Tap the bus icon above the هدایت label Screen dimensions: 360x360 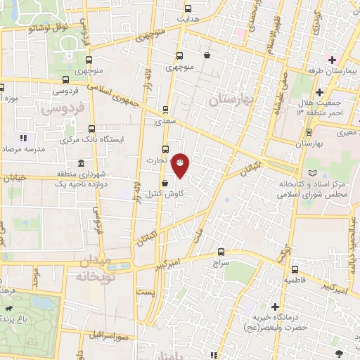(x=187, y=10)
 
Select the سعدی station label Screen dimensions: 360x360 (x=165, y=121)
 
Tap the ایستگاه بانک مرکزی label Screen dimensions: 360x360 (x=98, y=139)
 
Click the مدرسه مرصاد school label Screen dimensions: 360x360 (x=22, y=150)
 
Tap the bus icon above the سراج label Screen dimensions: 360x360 (x=221, y=251)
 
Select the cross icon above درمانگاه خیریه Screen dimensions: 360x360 (x=274, y=307)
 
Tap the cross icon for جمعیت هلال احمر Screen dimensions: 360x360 (x=319, y=92)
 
